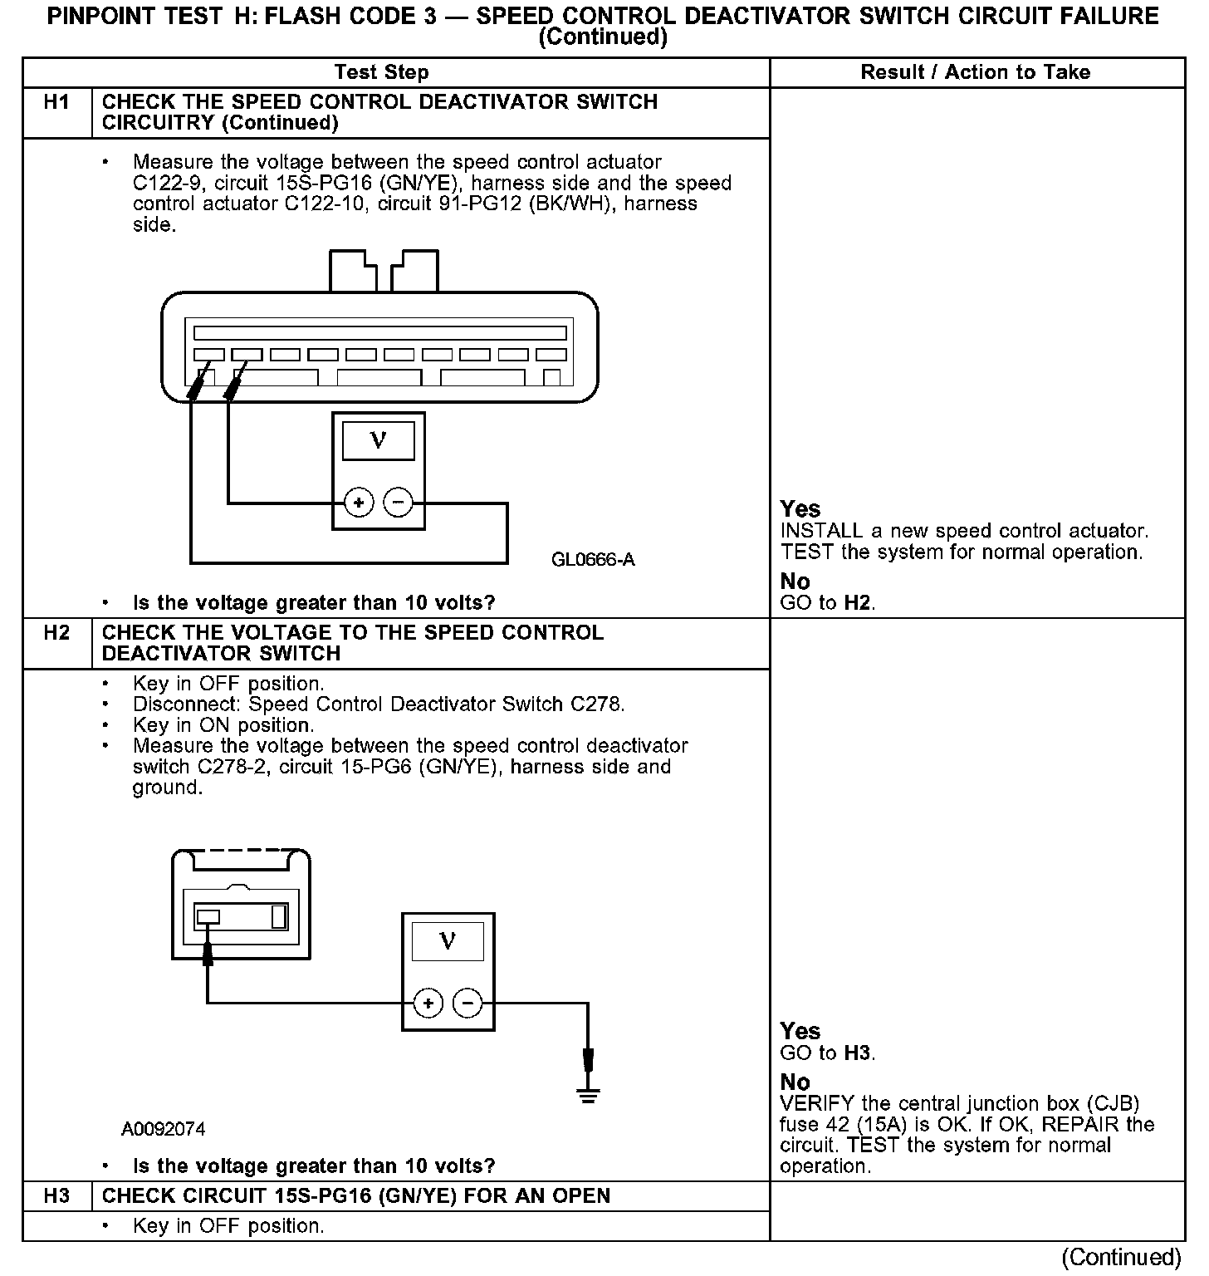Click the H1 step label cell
point(56,103)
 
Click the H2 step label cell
point(56,634)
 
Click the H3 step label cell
point(56,1197)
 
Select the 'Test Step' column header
point(381,72)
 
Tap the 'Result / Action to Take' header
point(975,72)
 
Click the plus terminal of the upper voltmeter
point(359,503)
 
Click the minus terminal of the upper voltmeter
point(399,503)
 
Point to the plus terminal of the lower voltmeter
point(428,1004)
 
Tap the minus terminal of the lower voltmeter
point(468,1004)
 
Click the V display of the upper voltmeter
point(379,440)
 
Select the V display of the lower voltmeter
point(448,942)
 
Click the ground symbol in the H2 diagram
point(588,1096)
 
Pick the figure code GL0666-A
point(593,560)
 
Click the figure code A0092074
point(164,1129)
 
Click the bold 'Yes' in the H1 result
point(800,509)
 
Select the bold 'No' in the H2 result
point(795,1082)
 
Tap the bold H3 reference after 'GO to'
point(858,1054)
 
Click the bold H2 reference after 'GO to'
point(858,603)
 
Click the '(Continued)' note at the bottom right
point(1120,1257)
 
